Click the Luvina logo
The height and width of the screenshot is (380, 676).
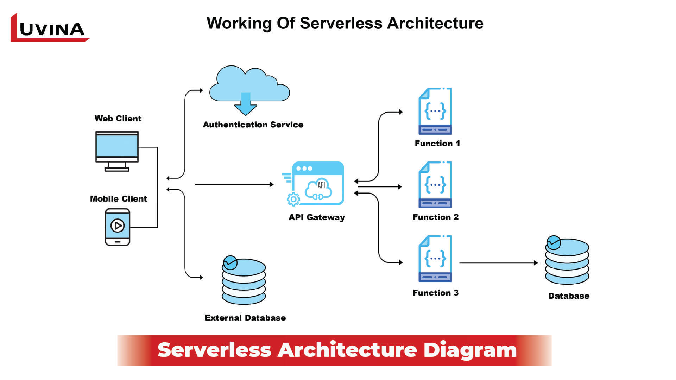[x=49, y=28]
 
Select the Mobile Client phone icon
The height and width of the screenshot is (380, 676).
[x=118, y=227]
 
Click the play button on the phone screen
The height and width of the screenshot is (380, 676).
[x=118, y=226]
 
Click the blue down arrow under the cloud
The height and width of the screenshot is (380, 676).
[x=246, y=104]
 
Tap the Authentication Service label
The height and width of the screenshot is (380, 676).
[x=253, y=125]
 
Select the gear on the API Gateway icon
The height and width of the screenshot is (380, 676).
[x=293, y=199]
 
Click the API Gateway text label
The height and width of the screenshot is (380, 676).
[x=316, y=217]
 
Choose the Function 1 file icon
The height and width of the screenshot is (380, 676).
[x=435, y=111]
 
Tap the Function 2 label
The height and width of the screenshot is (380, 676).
[x=435, y=217]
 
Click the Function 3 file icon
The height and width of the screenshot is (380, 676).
[x=435, y=259]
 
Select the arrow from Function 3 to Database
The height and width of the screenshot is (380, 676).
[x=498, y=263]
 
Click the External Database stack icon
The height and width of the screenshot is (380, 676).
[x=244, y=281]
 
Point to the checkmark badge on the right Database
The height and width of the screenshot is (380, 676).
[x=554, y=242]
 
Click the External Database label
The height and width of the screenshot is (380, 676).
[x=245, y=318]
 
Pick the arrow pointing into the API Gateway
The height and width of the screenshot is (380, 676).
[x=234, y=184]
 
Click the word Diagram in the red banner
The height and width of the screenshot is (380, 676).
[x=470, y=350]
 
